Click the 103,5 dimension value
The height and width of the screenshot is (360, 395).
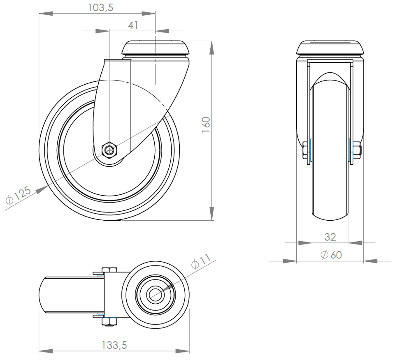click(100, 8)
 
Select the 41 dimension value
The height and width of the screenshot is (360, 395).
click(133, 25)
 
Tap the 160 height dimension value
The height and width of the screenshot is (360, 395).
click(206, 125)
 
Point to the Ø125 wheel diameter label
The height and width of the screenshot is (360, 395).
click(18, 195)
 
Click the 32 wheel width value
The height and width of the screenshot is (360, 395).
click(330, 237)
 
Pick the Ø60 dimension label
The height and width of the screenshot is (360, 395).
click(331, 255)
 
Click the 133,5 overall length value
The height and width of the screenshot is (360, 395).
click(114, 345)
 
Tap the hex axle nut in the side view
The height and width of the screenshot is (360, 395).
click(109, 150)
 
